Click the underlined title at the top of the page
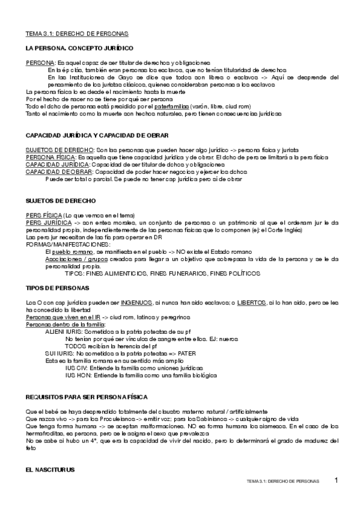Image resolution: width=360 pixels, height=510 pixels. click(77, 34)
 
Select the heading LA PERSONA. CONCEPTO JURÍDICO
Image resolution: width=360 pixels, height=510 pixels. click(79, 48)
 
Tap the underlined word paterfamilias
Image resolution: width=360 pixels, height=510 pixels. click(172, 106)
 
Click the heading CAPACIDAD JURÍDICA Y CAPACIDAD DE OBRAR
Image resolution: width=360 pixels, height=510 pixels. click(97, 135)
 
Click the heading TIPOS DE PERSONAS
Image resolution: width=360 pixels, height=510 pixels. click(58, 288)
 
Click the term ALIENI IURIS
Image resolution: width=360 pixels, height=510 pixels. click(63, 331)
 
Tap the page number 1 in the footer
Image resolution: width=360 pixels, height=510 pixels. click(337, 481)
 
